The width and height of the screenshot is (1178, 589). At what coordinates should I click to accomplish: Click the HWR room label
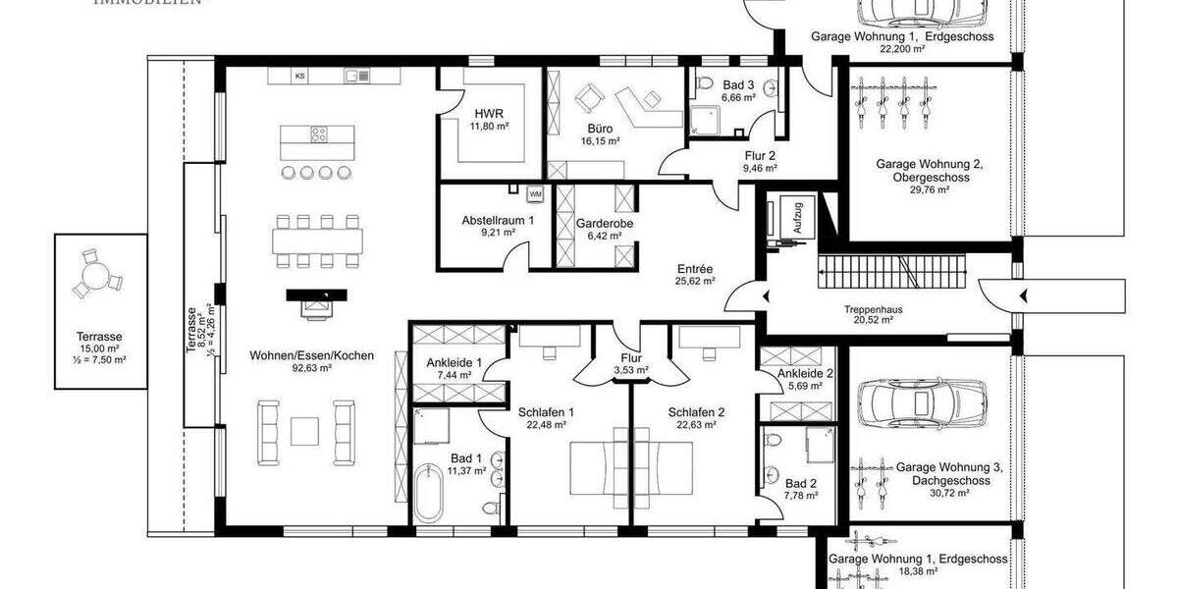pyautogui.click(x=480, y=113)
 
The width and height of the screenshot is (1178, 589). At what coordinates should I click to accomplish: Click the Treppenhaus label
pyautogui.click(x=873, y=308)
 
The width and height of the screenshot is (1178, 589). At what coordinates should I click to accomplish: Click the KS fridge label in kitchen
pyautogui.click(x=300, y=75)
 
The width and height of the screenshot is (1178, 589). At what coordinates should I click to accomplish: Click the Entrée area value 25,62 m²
pyautogui.click(x=694, y=281)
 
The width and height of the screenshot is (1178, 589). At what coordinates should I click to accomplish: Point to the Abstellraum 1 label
pyautogui.click(x=498, y=221)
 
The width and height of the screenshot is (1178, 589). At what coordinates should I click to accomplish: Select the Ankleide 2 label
pyautogui.click(x=805, y=373)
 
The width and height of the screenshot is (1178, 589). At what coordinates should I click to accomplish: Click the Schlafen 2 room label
pyautogui.click(x=696, y=412)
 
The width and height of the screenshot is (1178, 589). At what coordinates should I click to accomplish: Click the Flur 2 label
pyautogui.click(x=760, y=155)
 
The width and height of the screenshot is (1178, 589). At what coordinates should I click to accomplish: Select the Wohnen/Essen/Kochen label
pyautogui.click(x=297, y=355)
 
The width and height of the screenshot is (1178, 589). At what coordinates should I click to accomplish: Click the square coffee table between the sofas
pyautogui.click(x=305, y=429)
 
